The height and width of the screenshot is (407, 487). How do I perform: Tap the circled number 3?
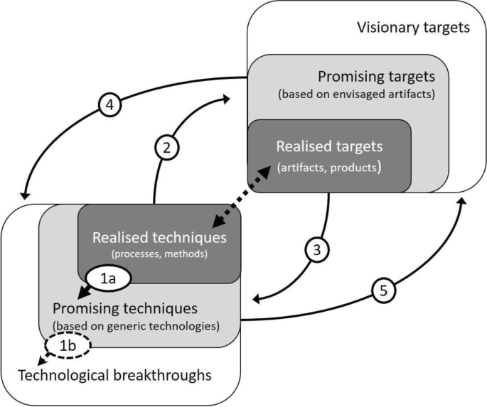tap(318, 249)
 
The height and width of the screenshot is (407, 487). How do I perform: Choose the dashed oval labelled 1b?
tap(65, 347)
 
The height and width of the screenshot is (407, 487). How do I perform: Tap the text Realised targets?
tap(329, 146)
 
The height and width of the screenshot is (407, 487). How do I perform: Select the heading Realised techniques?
tap(160, 237)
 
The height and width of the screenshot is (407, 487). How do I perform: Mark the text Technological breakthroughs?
tap(114, 374)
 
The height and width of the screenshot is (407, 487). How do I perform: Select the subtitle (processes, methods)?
tap(159, 253)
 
